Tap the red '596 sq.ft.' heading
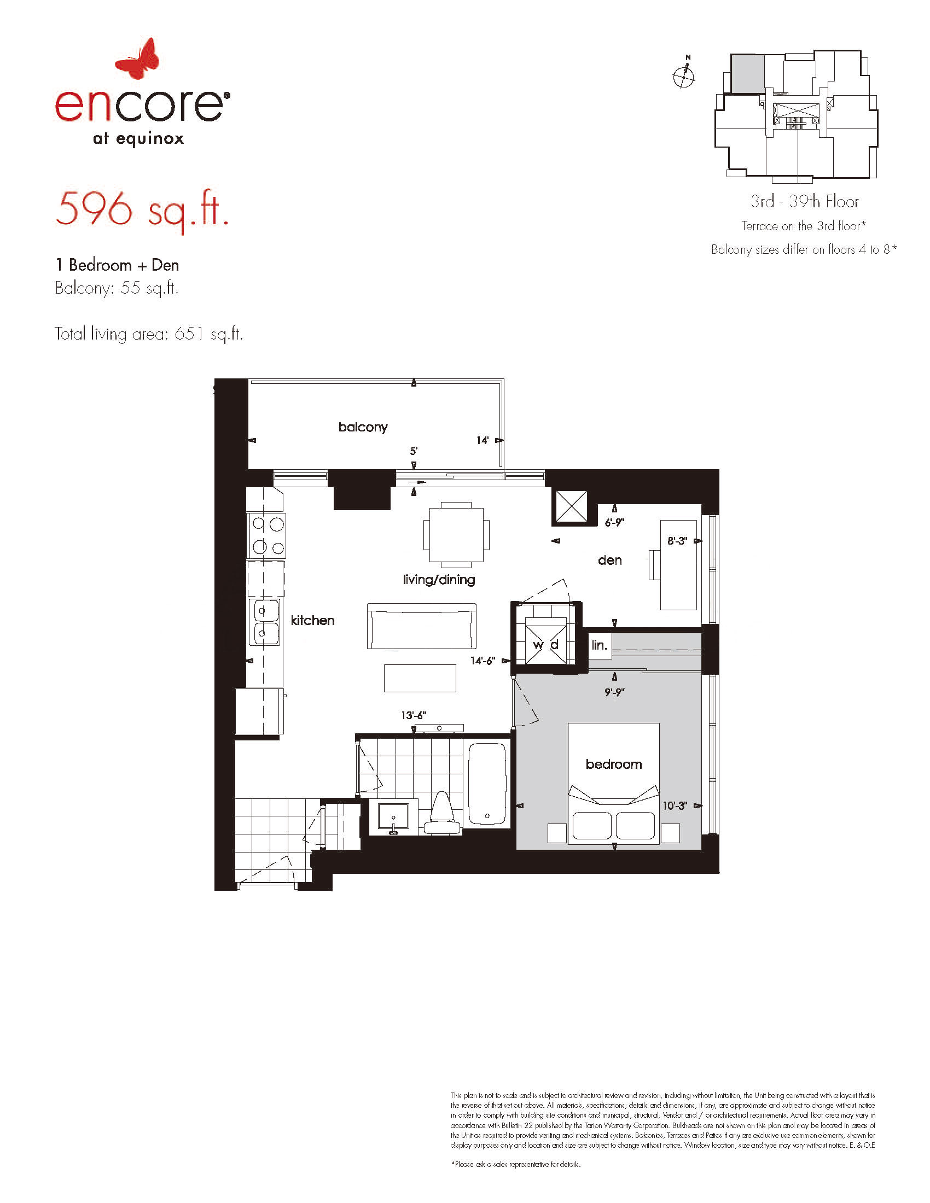tap(142, 210)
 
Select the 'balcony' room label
tap(363, 428)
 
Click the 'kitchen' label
tap(312, 620)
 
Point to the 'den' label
tap(610, 560)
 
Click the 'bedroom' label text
tap(614, 764)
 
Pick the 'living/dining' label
tap(439, 580)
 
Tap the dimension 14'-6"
tap(483, 661)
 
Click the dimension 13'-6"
tap(414, 716)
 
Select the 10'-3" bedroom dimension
tap(675, 806)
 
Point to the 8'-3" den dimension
tap(677, 541)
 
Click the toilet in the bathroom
tap(441, 813)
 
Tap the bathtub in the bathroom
tap(487, 784)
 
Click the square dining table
tap(456, 534)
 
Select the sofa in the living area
tap(421, 626)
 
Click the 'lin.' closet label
tap(600, 645)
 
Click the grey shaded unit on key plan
tap(748, 73)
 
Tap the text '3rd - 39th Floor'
tap(804, 202)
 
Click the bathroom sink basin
tap(393, 817)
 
